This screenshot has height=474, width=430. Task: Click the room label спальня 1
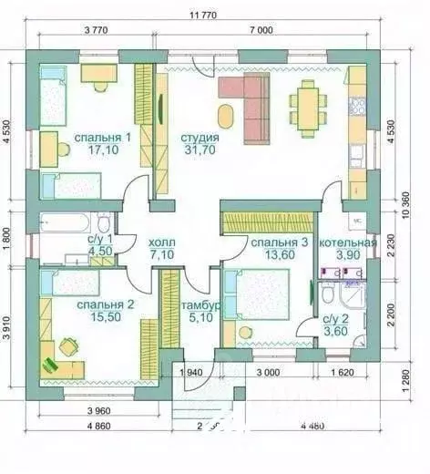[x=102, y=137]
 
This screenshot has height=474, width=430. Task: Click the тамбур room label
[x=198, y=305]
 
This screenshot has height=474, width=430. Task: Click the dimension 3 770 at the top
[x=96, y=30]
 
